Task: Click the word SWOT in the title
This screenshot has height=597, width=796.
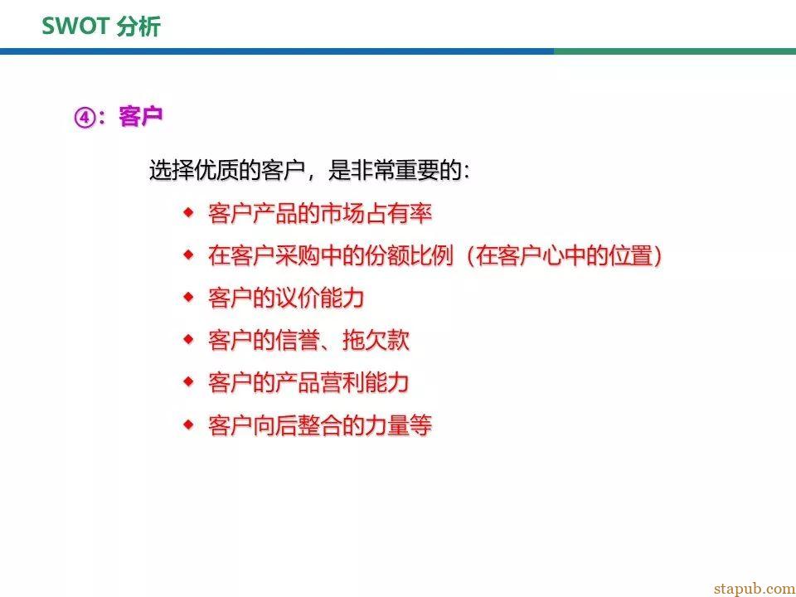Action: point(75,26)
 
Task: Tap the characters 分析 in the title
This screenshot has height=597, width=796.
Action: point(139,26)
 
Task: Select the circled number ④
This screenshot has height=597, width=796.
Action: point(85,118)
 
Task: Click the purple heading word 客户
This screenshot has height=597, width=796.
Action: point(141,117)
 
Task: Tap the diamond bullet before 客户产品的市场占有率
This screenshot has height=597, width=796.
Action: point(188,213)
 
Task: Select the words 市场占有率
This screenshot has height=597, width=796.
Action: point(376,213)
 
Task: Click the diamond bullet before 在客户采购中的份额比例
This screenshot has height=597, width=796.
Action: point(188,255)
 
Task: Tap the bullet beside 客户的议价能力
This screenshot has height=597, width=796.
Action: point(188,297)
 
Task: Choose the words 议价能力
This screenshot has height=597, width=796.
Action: point(320,298)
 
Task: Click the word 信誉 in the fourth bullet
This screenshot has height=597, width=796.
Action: point(298,340)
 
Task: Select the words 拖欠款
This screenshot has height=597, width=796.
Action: point(376,340)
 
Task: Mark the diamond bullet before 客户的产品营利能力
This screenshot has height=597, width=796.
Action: point(188,381)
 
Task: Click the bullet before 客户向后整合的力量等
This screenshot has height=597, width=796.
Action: point(188,425)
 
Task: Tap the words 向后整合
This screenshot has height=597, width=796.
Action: point(298,425)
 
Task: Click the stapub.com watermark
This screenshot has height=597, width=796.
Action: point(754,588)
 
